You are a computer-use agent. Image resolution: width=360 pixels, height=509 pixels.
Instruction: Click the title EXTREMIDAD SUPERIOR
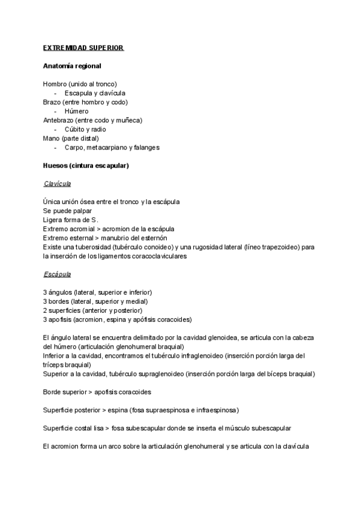83,47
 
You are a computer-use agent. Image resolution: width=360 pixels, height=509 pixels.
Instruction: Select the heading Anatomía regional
72,65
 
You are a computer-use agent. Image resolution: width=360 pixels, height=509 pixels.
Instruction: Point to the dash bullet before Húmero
55,111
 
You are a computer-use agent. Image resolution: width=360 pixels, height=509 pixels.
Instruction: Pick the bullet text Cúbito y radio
85,129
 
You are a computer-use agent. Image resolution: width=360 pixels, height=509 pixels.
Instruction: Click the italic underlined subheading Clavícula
58,184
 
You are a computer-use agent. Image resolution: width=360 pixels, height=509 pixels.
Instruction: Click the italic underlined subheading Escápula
57,274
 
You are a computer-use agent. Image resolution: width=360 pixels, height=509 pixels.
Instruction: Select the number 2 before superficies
45,310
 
